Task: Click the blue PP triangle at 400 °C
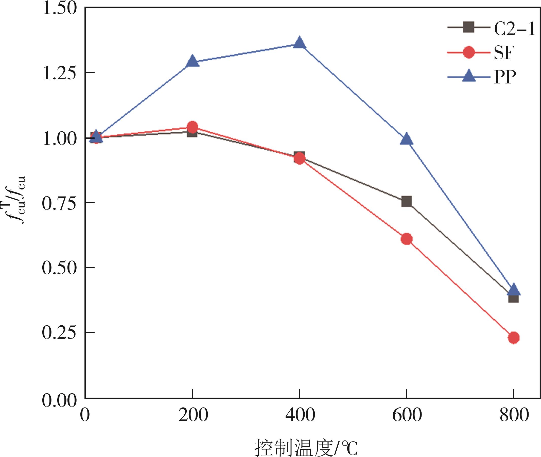300,43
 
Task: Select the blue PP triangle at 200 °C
192,61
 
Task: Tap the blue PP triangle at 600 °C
407,140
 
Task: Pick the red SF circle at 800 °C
514,338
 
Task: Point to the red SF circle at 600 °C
407,239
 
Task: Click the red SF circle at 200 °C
192,127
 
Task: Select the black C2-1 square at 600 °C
407,201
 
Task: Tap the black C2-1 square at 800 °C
514,298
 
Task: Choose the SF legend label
504,53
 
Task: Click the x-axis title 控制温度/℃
306,447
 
